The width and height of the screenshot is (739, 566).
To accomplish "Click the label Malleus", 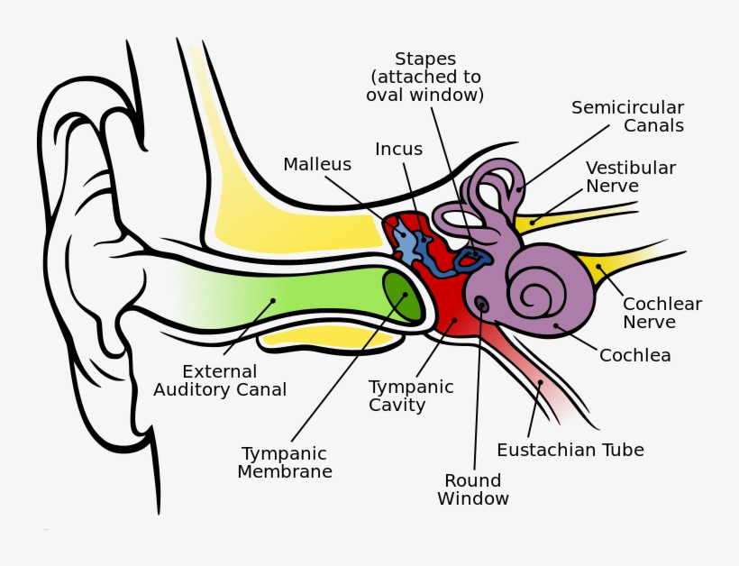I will pos(317,165).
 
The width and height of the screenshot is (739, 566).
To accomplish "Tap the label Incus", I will pos(398,150).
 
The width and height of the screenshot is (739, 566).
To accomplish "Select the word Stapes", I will pos(424,60).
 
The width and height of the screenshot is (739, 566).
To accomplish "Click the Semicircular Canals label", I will pos(627,117).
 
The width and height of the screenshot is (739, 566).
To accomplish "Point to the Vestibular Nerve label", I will pos(630,178).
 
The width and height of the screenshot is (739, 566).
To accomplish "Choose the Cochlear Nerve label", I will pos(661,313).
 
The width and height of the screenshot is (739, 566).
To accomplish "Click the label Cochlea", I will pos(634,356).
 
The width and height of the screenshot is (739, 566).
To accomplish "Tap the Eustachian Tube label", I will pos(570,450).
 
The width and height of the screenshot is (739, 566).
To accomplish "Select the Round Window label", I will pos(473,489).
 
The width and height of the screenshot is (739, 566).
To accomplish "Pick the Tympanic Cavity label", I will pos(411,396).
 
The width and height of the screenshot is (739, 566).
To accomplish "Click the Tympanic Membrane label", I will pos(285,462).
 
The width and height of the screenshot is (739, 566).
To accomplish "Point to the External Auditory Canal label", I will pos(220,380).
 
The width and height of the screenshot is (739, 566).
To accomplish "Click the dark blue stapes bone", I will pos(472,260).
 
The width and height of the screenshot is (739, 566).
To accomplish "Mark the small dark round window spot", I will pos(482,306).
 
